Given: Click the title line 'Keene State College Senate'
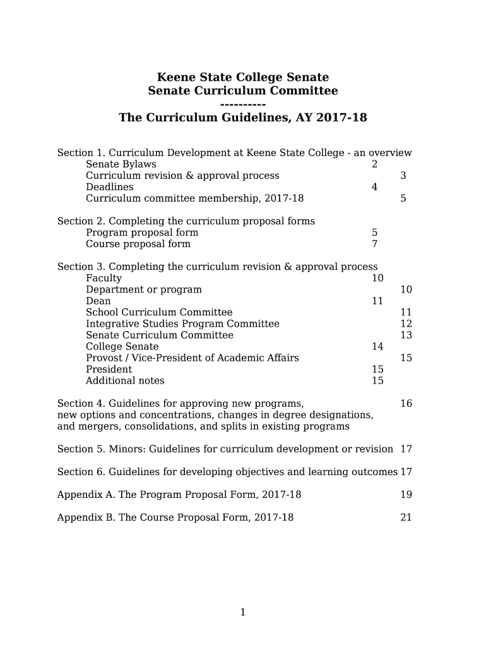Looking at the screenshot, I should pos(242,78).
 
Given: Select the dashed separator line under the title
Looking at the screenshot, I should pos(243,104).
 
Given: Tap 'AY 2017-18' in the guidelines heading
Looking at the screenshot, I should pos(332,118).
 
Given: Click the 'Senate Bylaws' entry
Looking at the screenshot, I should pos(121,164).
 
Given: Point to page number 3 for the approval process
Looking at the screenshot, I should pos(403,176).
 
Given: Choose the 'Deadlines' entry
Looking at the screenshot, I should pos(110,187).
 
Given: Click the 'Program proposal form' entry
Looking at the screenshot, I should pos(142,233).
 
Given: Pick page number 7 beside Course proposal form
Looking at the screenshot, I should pos(374,244).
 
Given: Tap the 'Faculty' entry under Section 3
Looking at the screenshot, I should pos(104,278).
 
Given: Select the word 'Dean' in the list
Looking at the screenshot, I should pos(98,301).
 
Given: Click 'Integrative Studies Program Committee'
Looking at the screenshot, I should pos(182,323).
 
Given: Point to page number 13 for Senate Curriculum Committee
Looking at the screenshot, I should pos(406,335).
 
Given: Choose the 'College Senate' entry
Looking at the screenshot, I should pos(122,346).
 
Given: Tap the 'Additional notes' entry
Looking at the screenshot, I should pos(125,380).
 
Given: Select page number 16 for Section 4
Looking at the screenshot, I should pos(406,403).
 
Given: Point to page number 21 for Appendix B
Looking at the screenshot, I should pos(406,517).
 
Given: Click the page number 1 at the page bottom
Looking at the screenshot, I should pos(243,612).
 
